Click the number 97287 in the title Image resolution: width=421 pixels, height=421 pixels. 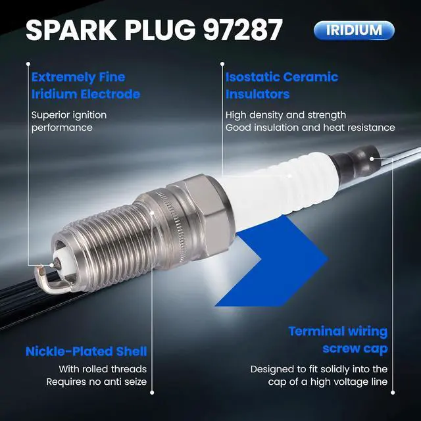pos(243,30)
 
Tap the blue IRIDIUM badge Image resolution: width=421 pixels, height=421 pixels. pos(354,30)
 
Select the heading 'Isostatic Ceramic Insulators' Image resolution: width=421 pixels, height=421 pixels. pos(282,86)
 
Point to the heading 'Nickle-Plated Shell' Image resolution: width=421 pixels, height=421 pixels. pos(86,351)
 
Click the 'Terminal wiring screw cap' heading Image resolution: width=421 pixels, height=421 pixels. pos(338,340)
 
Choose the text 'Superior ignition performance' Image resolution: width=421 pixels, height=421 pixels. pos(69,121)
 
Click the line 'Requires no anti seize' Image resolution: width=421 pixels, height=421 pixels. pos(97,382)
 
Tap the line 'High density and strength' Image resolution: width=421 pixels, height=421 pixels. pos(285,115)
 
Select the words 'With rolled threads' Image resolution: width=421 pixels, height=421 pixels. pos(103,369)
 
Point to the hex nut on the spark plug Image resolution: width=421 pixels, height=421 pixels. pos(200,215)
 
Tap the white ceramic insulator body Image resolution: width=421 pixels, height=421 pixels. pos(279,188)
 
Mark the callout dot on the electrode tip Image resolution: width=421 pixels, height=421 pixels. pos(51,265)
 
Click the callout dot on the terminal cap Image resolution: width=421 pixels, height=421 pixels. pos(372,159)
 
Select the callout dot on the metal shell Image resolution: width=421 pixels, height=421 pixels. pos(152,212)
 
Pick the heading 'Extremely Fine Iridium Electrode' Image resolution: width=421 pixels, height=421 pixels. pos(86,86)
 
